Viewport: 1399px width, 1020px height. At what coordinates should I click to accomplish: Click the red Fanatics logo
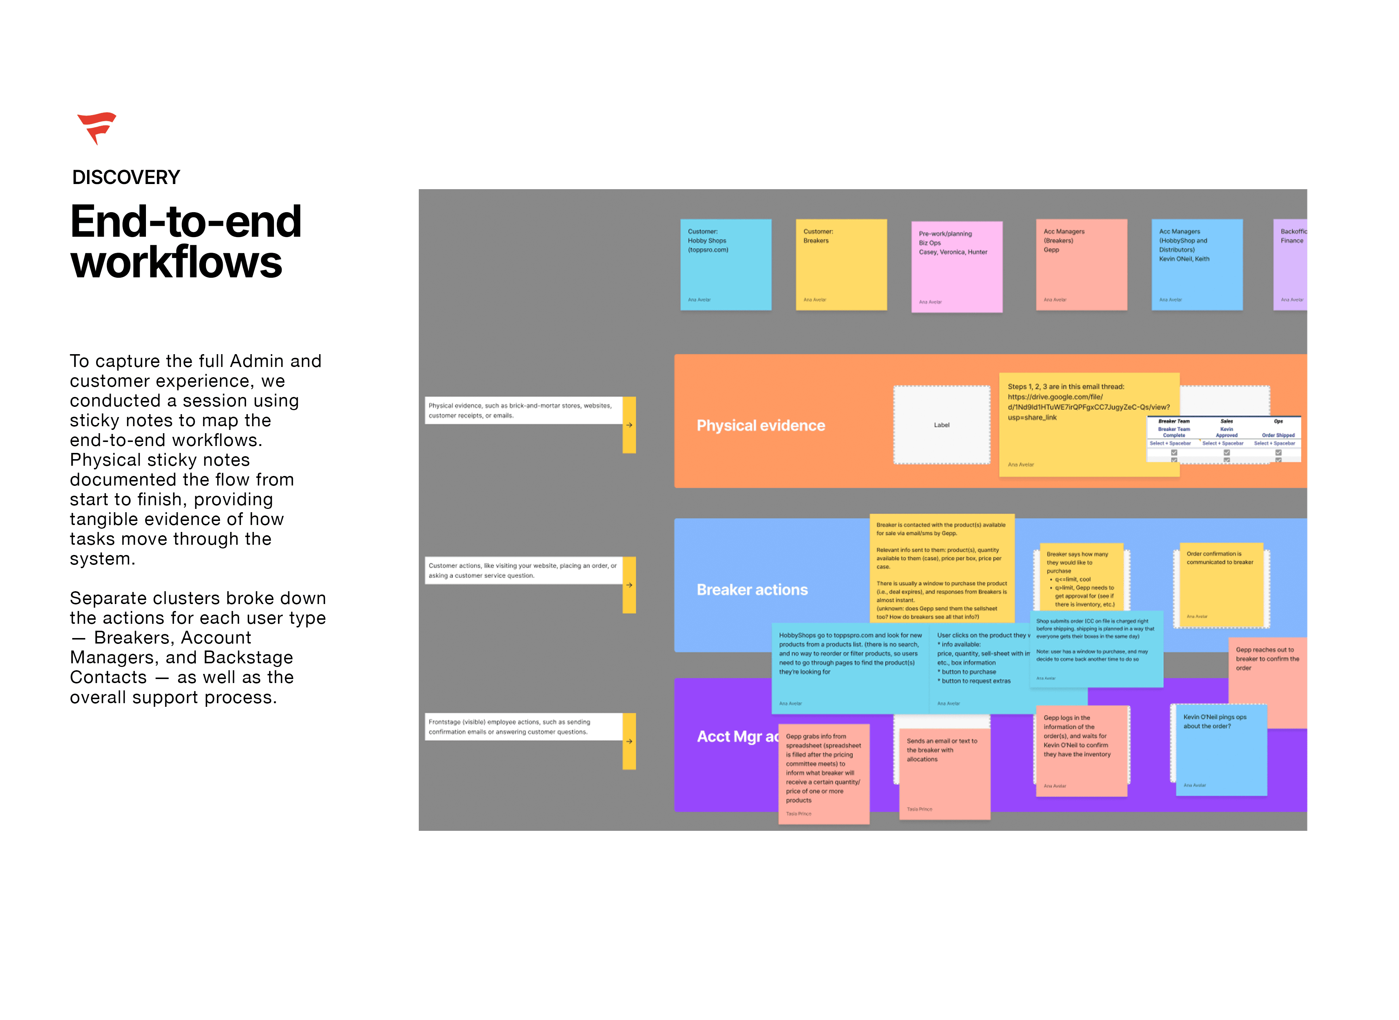(97, 127)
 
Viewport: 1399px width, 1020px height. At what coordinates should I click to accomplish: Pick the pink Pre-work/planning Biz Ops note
(956, 267)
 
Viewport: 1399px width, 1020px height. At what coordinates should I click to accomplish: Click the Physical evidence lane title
(760, 425)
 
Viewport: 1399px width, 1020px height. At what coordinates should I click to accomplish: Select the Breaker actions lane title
(752, 590)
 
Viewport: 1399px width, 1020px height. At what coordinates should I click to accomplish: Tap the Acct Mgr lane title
(734, 736)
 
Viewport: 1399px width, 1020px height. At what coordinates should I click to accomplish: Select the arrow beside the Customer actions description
(629, 585)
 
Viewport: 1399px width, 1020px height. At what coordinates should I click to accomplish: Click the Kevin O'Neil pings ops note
(1220, 750)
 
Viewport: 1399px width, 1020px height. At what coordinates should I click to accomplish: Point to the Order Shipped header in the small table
(1278, 435)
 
